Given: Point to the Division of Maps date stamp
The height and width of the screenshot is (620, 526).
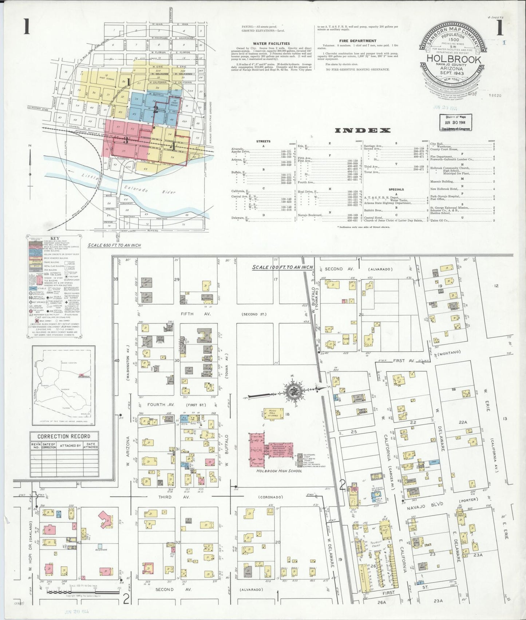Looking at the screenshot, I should click(x=456, y=122).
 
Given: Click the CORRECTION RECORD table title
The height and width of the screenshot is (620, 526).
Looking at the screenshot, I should click(x=64, y=436).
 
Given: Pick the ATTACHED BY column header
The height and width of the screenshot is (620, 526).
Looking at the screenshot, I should click(x=70, y=445).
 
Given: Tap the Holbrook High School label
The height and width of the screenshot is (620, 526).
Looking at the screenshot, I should click(x=279, y=471).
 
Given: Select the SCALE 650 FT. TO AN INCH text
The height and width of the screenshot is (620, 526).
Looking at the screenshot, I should click(x=114, y=245).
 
